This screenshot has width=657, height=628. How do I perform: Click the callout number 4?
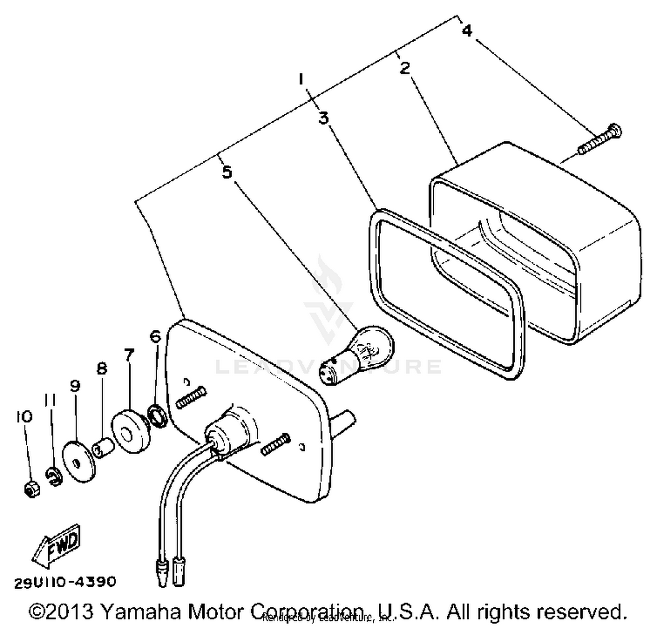(x=467, y=31)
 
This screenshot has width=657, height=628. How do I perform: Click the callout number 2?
(x=405, y=68)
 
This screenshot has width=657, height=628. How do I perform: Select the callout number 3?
(x=323, y=118)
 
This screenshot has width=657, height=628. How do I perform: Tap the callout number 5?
(x=227, y=172)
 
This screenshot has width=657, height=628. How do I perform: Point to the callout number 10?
(x=25, y=416)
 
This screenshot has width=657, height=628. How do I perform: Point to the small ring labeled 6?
(x=157, y=416)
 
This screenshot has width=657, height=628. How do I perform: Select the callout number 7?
(x=128, y=355)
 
